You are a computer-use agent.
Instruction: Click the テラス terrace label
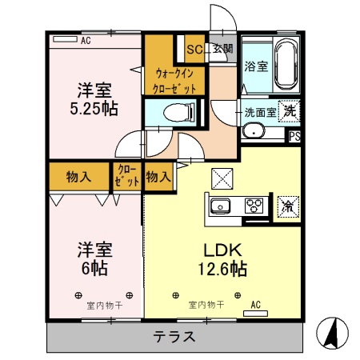pos(174,336)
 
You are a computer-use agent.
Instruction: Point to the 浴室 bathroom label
pos(255,66)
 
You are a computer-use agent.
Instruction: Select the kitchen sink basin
pos(220,206)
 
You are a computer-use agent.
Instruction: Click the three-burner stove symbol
pos(254,206)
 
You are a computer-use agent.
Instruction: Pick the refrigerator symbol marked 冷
pos(286,206)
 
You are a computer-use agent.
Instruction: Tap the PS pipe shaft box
pos(294,135)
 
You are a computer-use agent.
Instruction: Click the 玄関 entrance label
pos(222,49)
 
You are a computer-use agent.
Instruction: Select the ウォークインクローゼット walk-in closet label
pos(175,80)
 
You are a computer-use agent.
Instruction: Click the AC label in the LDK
pos(255,305)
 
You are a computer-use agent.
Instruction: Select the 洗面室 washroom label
pos(259,113)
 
